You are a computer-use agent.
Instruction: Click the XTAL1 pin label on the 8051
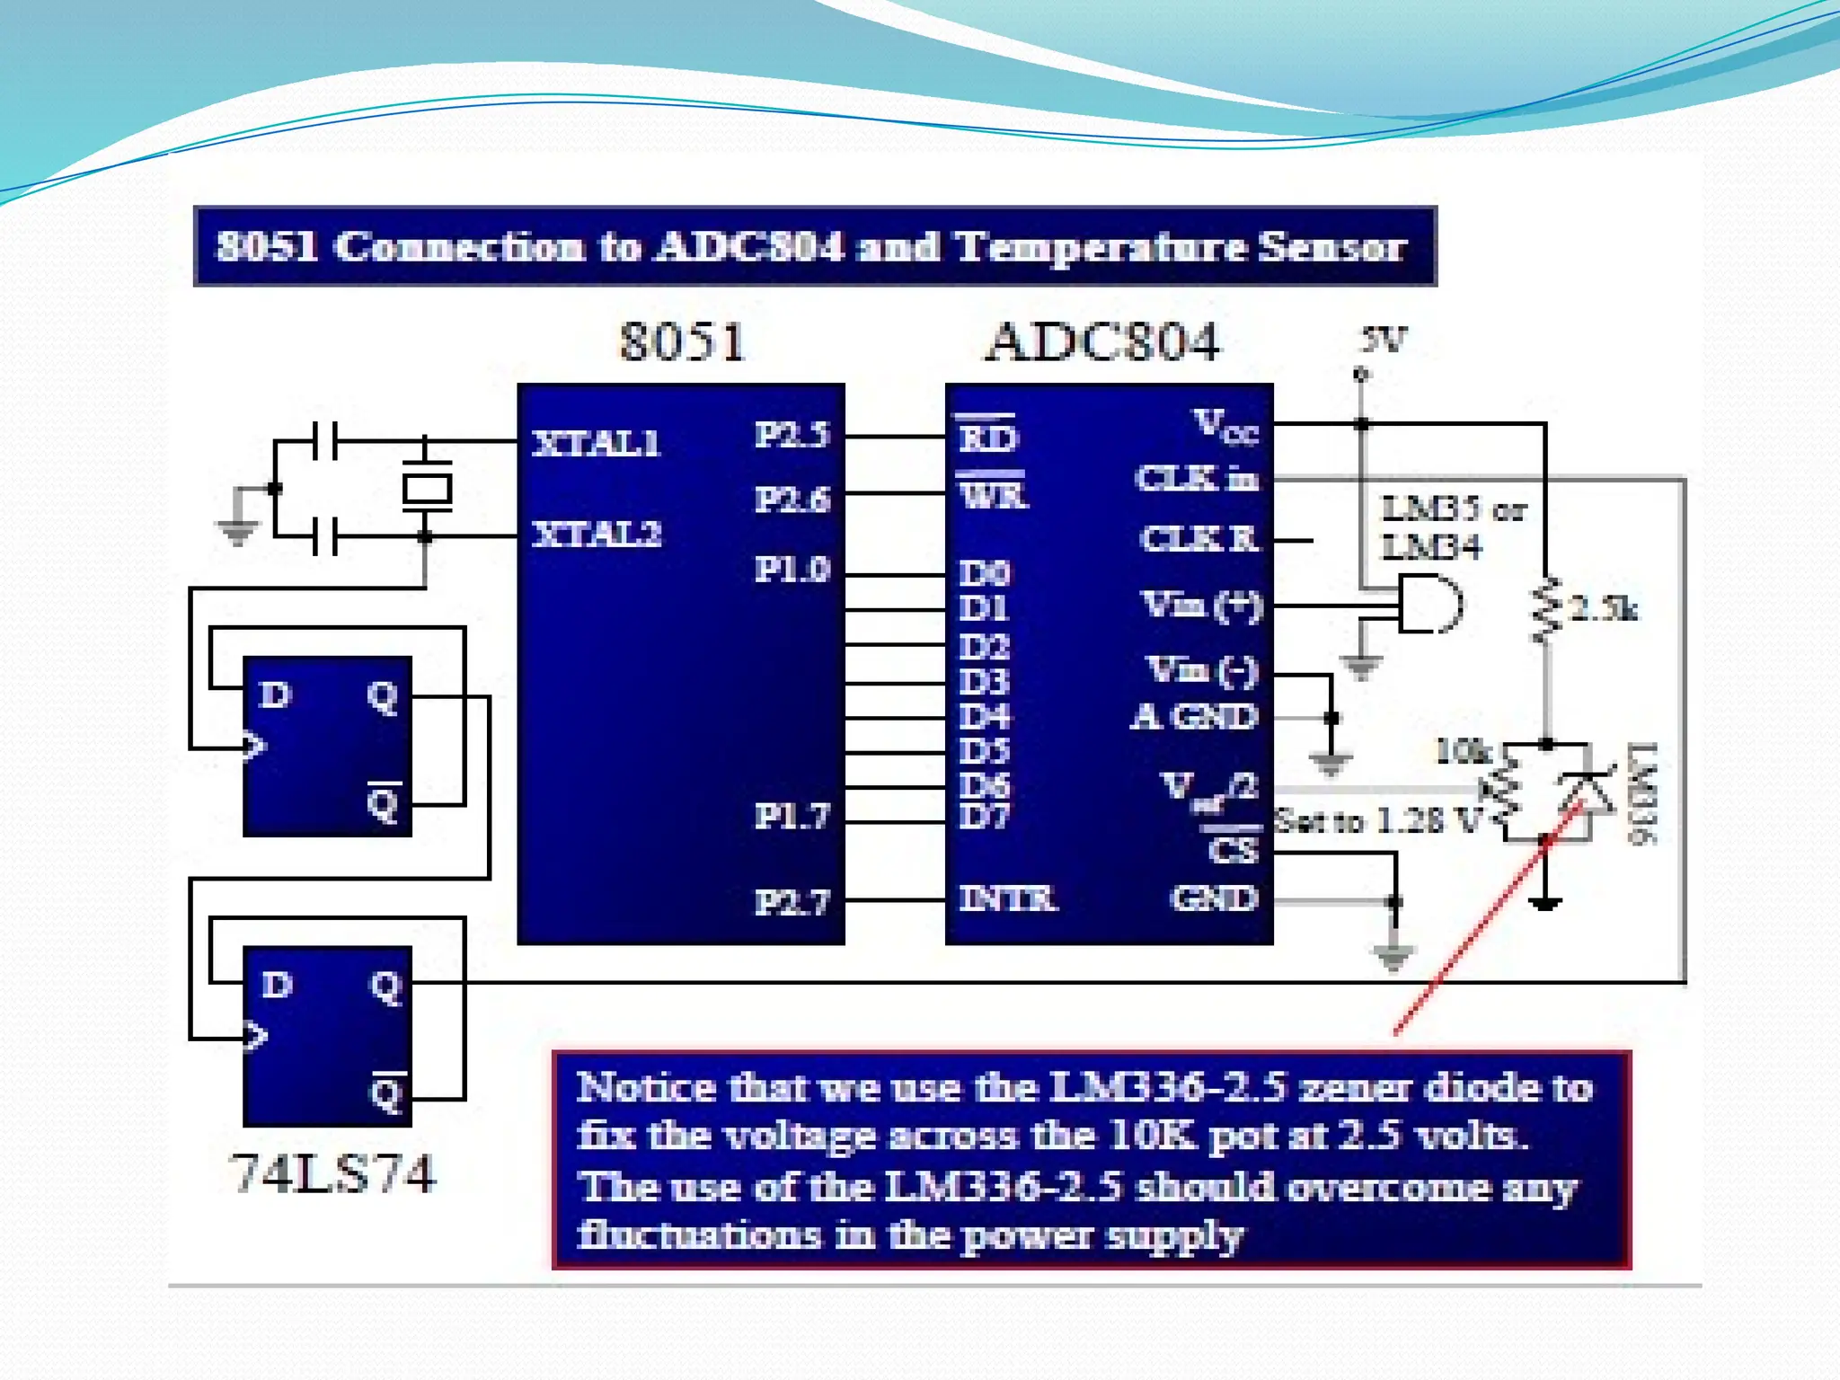click(x=597, y=443)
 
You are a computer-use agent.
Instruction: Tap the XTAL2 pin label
click(x=597, y=535)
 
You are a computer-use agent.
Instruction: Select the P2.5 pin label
click(x=792, y=435)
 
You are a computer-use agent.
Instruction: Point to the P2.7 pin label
click(x=792, y=901)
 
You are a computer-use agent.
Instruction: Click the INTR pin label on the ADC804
click(x=1007, y=898)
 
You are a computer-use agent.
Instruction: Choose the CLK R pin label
click(x=1199, y=539)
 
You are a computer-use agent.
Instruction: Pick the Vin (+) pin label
click(x=1202, y=605)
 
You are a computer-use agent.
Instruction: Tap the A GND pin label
click(x=1194, y=717)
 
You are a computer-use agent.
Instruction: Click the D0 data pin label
click(x=985, y=573)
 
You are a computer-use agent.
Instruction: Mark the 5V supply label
click(x=1383, y=340)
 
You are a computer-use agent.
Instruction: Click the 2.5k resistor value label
click(x=1604, y=609)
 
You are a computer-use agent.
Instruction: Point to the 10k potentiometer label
click(x=1463, y=751)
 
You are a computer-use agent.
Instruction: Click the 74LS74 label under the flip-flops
click(x=333, y=1173)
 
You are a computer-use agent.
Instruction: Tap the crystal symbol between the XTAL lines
click(x=426, y=489)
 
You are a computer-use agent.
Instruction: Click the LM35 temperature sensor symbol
click(x=1430, y=605)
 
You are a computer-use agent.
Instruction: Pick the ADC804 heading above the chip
click(x=1103, y=342)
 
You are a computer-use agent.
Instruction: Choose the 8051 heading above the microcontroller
click(x=683, y=342)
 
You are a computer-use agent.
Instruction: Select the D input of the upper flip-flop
click(x=275, y=694)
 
